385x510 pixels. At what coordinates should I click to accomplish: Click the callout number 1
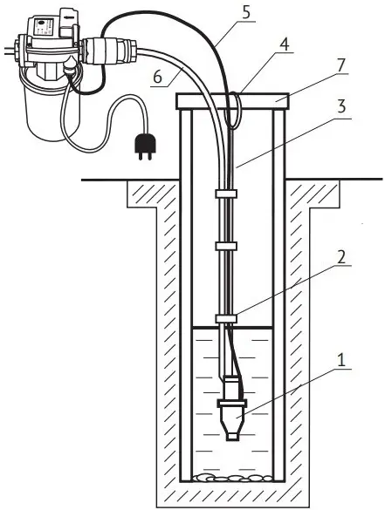click(x=340, y=360)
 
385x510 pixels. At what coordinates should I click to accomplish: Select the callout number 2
click(x=340, y=257)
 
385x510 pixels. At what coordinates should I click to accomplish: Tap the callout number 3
click(x=341, y=107)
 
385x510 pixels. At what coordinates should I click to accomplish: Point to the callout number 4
click(x=284, y=44)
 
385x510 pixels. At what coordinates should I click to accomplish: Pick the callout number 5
click(x=246, y=12)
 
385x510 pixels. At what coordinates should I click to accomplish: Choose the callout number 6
click(x=157, y=78)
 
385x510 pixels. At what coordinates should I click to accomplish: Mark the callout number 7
click(x=340, y=65)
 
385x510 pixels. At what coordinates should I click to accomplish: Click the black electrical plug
click(x=144, y=146)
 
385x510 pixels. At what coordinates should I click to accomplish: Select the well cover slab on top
click(x=232, y=101)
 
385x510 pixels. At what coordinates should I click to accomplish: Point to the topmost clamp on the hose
click(x=226, y=194)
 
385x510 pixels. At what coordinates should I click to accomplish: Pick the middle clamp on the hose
click(x=226, y=246)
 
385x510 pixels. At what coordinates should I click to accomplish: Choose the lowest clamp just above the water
click(x=226, y=319)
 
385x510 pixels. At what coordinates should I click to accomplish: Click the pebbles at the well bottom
click(x=232, y=478)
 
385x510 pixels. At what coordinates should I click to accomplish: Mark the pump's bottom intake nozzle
click(x=232, y=436)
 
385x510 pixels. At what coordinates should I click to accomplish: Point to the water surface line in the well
click(x=232, y=327)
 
